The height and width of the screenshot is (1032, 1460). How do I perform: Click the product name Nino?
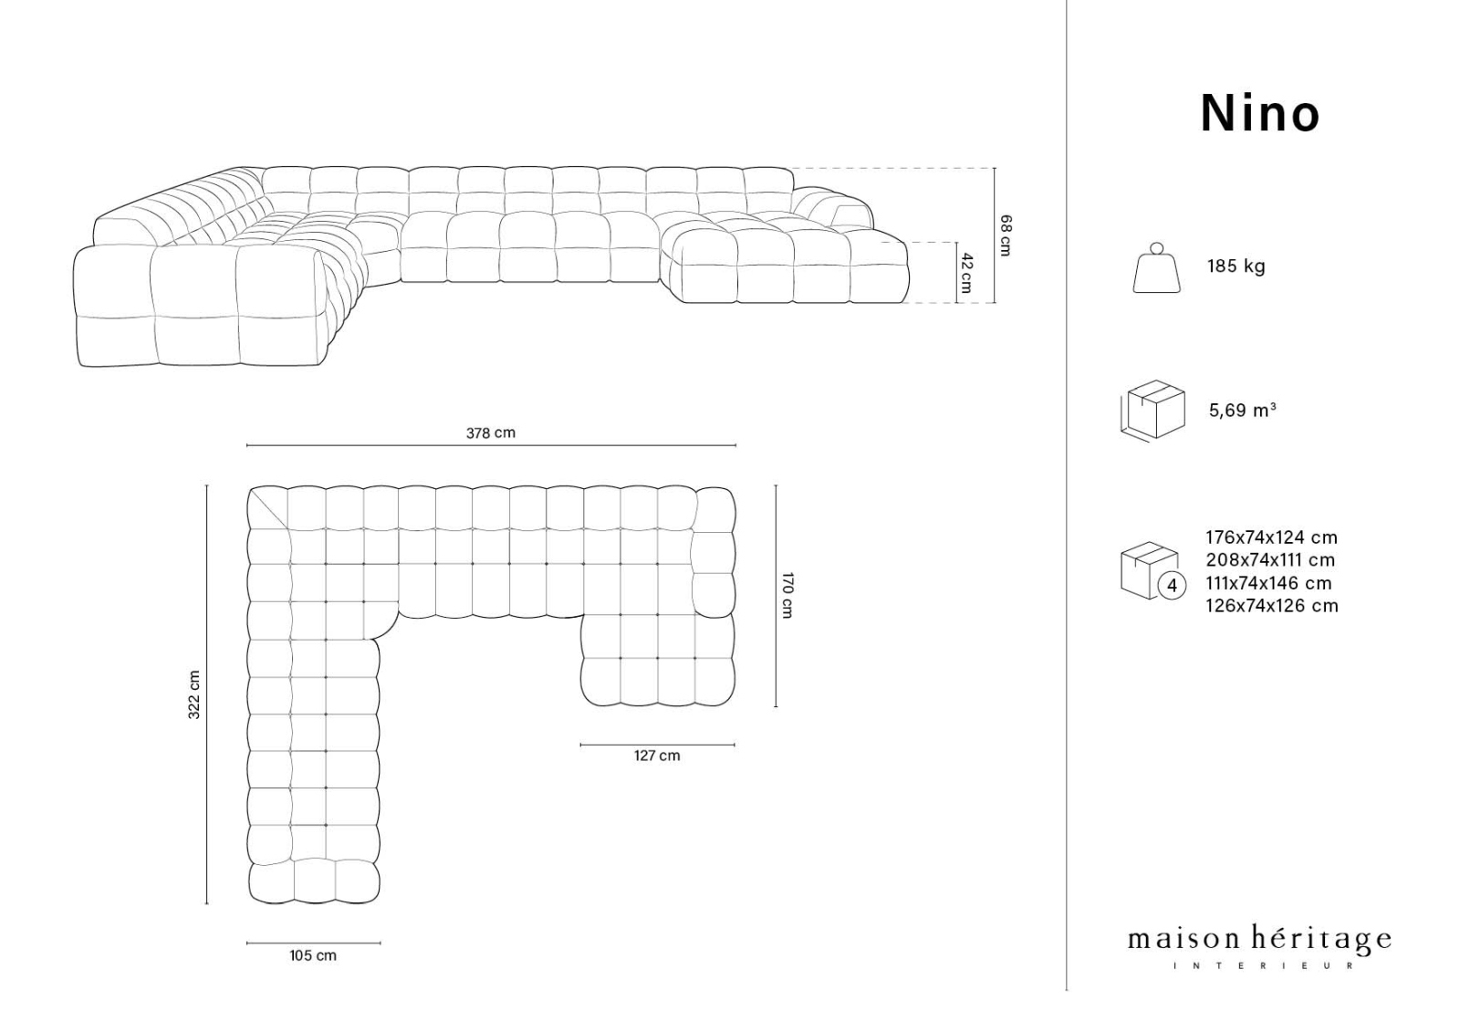click(x=1259, y=114)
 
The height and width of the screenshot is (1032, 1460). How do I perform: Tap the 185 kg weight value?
click(x=1236, y=266)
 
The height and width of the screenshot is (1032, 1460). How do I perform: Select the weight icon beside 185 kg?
click(x=1156, y=268)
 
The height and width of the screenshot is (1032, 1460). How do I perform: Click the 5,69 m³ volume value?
click(x=1242, y=411)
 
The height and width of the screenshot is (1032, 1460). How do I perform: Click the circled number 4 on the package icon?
click(x=1173, y=585)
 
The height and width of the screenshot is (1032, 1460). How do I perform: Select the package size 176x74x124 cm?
click(x=1272, y=537)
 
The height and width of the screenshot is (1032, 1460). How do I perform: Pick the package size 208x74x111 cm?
click(x=1270, y=560)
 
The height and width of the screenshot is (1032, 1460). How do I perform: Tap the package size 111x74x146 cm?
click(x=1268, y=583)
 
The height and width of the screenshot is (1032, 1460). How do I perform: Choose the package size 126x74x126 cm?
click(x=1272, y=606)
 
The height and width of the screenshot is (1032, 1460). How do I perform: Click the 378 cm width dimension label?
click(x=491, y=433)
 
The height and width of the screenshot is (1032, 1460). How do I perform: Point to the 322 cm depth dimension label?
click(x=194, y=694)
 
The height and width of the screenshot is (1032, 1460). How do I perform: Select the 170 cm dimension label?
click(x=787, y=595)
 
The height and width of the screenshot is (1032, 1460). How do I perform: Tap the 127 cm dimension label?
click(x=657, y=756)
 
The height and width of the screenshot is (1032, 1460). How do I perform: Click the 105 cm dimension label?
click(x=313, y=955)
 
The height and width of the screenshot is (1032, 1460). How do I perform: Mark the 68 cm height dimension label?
click(x=1005, y=235)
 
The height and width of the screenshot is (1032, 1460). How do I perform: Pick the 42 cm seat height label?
click(x=965, y=272)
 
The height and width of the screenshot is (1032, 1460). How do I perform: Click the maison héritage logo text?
click(x=1259, y=940)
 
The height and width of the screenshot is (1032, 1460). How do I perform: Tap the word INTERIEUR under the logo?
click(x=1263, y=965)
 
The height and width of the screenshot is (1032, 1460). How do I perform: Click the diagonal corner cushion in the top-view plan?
click(x=268, y=508)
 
